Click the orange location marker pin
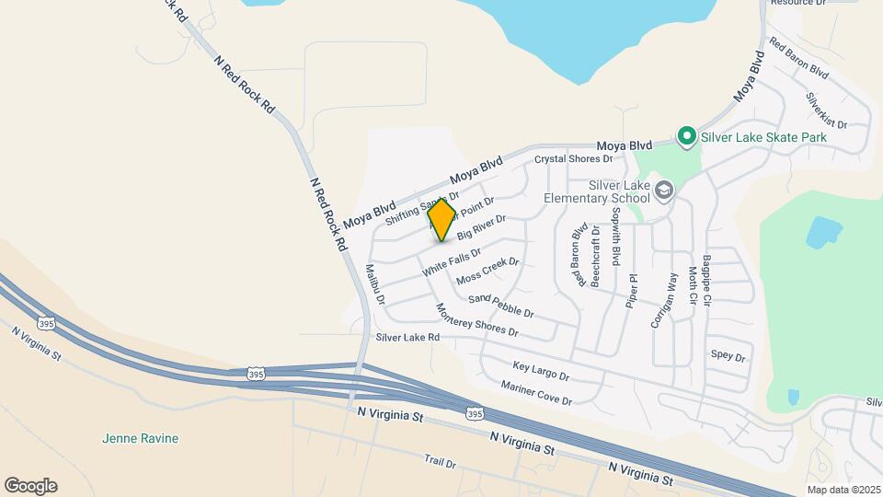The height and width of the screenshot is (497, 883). (x=441, y=219)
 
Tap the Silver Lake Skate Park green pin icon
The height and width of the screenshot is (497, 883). (x=685, y=137)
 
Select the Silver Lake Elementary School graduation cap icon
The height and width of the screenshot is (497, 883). (x=664, y=191)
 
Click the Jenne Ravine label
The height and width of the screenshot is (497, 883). (x=141, y=438)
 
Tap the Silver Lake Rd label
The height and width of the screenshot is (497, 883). (x=407, y=338)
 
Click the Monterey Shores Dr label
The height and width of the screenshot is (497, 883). (x=476, y=319)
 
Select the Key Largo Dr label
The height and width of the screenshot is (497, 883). (x=541, y=371)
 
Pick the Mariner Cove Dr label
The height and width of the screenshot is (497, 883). (x=536, y=394)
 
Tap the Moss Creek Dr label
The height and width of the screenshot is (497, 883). (x=487, y=270)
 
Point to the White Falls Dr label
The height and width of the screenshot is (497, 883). (x=451, y=263)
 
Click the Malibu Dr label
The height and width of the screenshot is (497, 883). (x=374, y=284)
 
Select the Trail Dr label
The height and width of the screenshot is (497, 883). (x=440, y=461)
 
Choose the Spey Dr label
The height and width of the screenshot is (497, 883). (x=728, y=355)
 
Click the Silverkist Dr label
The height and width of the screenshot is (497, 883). (x=826, y=110)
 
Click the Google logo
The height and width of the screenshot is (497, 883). (x=30, y=486)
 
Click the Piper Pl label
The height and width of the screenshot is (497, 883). (x=632, y=290)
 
